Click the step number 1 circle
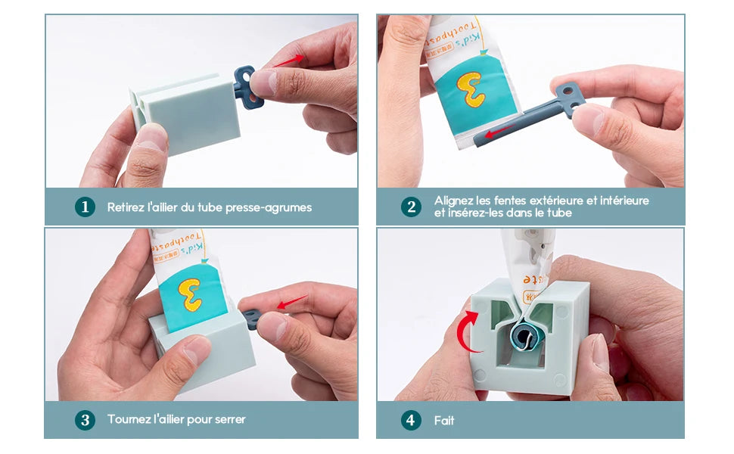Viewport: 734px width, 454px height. (x=85, y=207)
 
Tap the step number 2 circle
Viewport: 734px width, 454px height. (x=411, y=207)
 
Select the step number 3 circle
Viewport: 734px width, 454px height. (x=85, y=419)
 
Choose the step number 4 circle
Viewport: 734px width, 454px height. (x=411, y=420)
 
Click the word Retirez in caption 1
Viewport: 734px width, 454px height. (x=126, y=207)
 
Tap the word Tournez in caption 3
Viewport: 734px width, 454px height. (x=129, y=419)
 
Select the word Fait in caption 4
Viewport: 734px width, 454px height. (x=444, y=420)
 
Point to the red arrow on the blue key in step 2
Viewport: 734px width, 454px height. (x=497, y=134)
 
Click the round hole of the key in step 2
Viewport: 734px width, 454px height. (x=564, y=92)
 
